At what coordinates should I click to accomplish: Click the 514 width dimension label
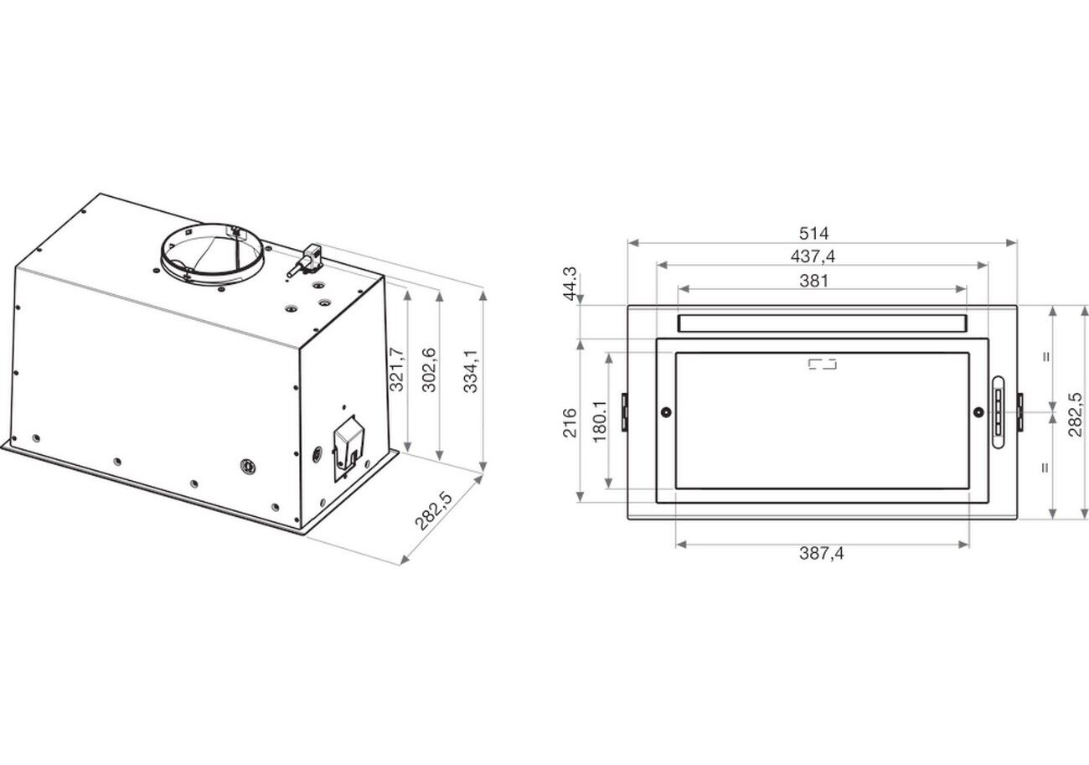point(814,234)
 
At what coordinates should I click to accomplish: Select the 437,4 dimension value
point(813,256)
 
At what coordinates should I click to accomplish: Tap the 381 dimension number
point(814,281)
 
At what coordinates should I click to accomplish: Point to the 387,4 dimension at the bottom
point(822,553)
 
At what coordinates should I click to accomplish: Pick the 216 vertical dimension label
point(570,423)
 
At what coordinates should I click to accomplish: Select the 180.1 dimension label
point(600,421)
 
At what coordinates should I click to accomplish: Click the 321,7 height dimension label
point(397,370)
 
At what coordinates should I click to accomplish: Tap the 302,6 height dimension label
point(429,370)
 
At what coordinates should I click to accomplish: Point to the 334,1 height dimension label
point(470,371)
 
